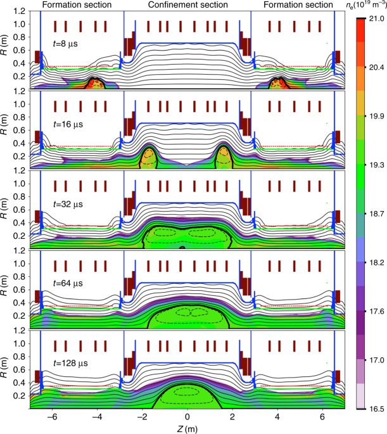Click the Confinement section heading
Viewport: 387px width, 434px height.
pyautogui.click(x=186, y=4)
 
